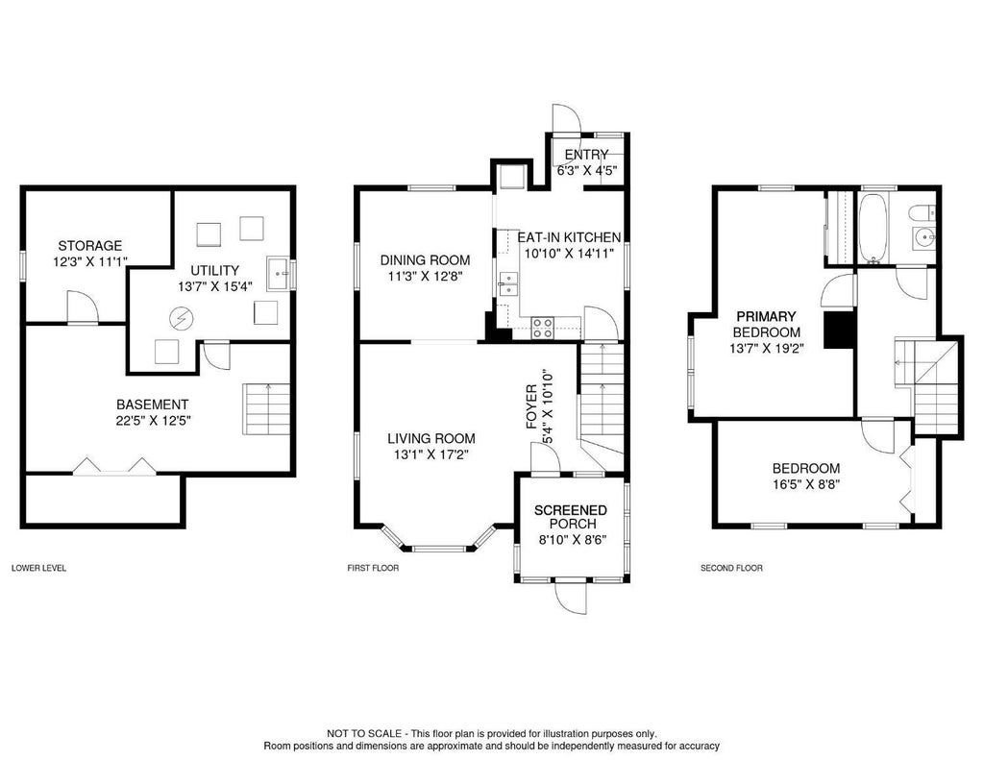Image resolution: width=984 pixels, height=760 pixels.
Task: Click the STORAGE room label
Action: pyautogui.click(x=90, y=246)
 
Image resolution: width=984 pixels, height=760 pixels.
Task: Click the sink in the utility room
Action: pyautogui.click(x=279, y=274)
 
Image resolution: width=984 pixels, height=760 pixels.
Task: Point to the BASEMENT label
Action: pyautogui.click(x=153, y=405)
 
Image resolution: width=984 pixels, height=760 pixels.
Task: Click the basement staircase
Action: pyautogui.click(x=266, y=408)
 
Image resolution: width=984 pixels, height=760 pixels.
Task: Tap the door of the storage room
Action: pyautogui.click(x=83, y=307)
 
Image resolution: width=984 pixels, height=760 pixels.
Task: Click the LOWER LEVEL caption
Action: pyautogui.click(x=38, y=569)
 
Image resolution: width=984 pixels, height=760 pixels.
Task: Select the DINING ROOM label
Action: pyautogui.click(x=425, y=259)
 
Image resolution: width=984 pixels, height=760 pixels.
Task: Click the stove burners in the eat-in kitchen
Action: pyautogui.click(x=543, y=329)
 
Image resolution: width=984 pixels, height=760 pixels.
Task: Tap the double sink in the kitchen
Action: pyautogui.click(x=508, y=284)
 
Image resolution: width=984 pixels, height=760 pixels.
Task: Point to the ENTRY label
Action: pyautogui.click(x=586, y=155)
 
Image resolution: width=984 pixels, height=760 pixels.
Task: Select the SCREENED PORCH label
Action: pyautogui.click(x=571, y=517)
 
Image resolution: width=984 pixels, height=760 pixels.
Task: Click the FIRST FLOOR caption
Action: pyautogui.click(x=373, y=569)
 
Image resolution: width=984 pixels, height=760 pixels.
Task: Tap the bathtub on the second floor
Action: pyautogui.click(x=872, y=227)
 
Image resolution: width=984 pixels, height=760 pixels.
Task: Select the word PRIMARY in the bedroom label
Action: pyautogui.click(x=766, y=316)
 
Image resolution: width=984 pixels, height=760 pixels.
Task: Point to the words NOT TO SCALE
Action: pyautogui.click(x=364, y=734)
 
